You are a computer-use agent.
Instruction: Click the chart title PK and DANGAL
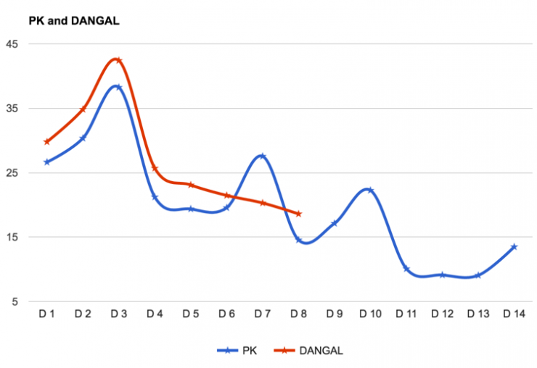click(x=73, y=21)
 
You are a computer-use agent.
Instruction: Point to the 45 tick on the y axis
click(x=13, y=44)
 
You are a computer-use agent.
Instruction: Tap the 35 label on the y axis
click(x=13, y=109)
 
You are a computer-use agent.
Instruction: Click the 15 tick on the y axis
click(x=13, y=238)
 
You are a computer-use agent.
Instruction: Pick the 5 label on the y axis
click(x=16, y=302)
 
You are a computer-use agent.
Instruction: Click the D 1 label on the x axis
click(x=47, y=314)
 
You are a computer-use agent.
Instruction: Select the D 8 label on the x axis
click(x=298, y=314)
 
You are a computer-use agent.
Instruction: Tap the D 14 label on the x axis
click(x=514, y=314)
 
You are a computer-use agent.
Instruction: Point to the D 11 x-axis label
click(x=406, y=314)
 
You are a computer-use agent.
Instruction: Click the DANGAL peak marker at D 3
click(x=118, y=60)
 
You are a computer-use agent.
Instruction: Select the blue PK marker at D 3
click(x=118, y=87)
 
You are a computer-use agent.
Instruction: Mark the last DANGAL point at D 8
click(x=298, y=214)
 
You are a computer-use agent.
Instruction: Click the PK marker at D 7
click(x=262, y=156)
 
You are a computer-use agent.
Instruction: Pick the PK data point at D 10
click(x=369, y=190)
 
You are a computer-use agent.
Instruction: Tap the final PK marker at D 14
click(x=514, y=247)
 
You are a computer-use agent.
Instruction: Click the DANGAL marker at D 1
click(x=47, y=142)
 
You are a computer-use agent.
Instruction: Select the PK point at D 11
click(x=406, y=269)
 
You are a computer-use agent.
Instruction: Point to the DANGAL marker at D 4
click(x=155, y=168)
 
